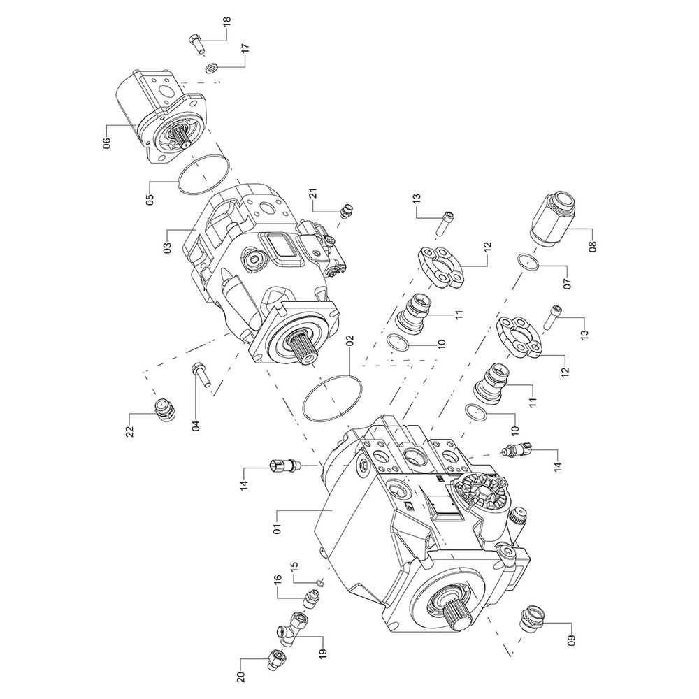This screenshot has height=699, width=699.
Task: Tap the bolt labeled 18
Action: pos(196,44)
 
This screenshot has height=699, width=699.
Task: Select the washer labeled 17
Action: pos(212,68)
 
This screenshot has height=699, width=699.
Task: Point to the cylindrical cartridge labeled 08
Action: pos(557,217)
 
